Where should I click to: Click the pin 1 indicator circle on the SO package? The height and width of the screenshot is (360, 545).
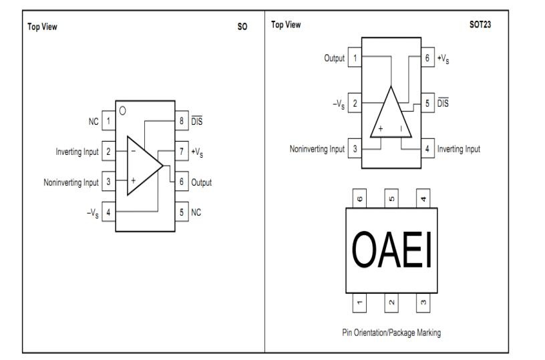(x=122, y=111)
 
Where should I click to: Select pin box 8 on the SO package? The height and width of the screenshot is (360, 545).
(x=182, y=121)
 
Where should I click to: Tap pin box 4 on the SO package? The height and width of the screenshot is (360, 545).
(x=108, y=212)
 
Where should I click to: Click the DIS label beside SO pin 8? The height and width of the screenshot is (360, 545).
(x=197, y=121)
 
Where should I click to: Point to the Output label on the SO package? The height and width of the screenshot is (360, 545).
(x=201, y=182)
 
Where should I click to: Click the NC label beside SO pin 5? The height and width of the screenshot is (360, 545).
(x=196, y=212)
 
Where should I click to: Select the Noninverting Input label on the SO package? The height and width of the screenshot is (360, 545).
(x=71, y=182)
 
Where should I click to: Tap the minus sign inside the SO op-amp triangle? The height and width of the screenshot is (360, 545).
(x=133, y=151)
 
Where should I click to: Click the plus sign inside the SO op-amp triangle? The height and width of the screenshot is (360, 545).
(x=133, y=181)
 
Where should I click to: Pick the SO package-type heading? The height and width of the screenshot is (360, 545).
(x=242, y=27)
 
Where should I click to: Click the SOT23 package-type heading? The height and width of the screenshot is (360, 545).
(x=480, y=24)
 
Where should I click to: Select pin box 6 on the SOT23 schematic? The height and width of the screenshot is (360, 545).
(x=427, y=57)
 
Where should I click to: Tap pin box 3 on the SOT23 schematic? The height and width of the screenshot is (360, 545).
(x=355, y=149)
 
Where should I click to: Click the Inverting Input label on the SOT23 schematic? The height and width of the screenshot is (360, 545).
(x=458, y=149)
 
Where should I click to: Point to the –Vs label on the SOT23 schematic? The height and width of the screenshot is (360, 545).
(x=339, y=104)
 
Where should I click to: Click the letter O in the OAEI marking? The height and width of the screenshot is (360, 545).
(x=364, y=250)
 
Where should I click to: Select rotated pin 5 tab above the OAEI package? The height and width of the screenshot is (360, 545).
(x=391, y=198)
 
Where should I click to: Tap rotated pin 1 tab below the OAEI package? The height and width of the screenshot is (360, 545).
(x=359, y=303)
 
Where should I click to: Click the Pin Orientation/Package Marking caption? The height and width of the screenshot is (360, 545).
(x=391, y=333)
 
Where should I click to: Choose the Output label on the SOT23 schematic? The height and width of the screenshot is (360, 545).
(x=335, y=58)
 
